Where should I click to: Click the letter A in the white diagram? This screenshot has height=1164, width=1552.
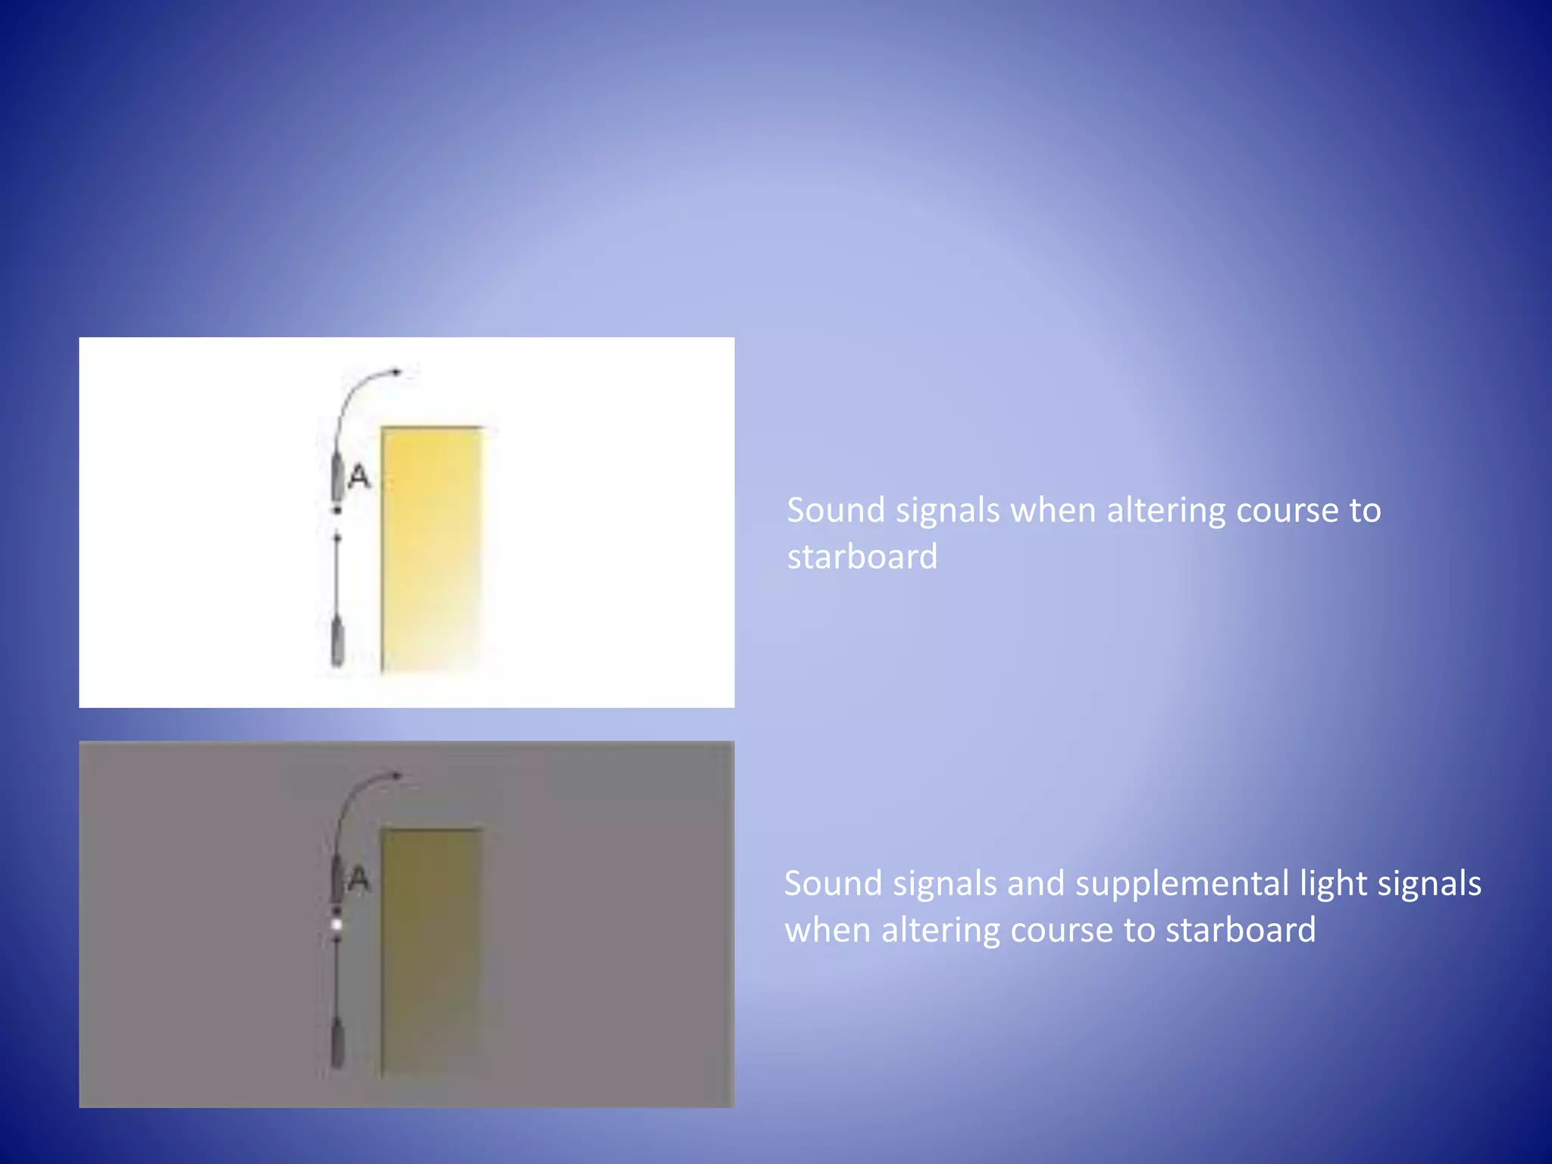(x=359, y=477)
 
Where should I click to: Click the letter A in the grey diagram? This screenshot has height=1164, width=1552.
(x=358, y=879)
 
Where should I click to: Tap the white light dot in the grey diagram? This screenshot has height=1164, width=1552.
(x=337, y=925)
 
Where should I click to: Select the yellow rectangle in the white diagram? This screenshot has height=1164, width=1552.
(x=431, y=549)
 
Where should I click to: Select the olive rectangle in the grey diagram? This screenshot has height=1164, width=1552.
(x=431, y=951)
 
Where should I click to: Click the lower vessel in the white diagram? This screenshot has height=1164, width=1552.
(x=338, y=643)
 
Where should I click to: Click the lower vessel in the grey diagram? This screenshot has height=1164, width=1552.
(x=338, y=1044)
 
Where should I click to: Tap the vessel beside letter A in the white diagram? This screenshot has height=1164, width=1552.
(x=337, y=476)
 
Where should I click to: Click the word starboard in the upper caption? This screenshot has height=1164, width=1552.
(x=862, y=557)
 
